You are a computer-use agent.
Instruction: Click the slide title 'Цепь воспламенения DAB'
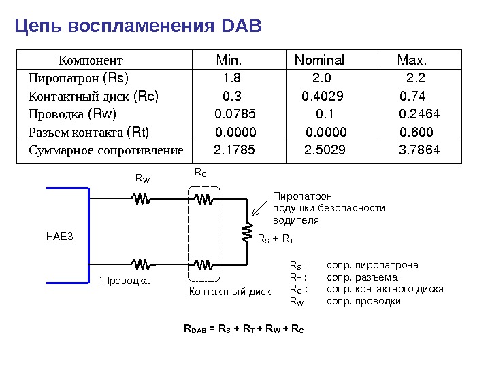coord(138,27)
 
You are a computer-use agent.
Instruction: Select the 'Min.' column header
coord(229,60)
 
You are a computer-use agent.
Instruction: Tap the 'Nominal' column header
coord(319,60)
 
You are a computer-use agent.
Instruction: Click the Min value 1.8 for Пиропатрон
coord(232,77)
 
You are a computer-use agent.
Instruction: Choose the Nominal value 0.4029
coord(323,96)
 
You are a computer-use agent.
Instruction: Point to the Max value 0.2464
coord(419,113)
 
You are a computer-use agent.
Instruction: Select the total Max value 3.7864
coord(419,150)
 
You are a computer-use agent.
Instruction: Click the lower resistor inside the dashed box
coord(203,264)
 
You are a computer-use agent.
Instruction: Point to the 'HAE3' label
coord(59,237)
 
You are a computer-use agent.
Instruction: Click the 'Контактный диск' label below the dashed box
coord(229,292)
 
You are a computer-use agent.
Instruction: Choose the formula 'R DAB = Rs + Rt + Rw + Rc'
coord(244,330)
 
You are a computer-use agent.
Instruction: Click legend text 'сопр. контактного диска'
coord(385,289)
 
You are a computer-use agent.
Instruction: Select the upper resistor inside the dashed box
coord(203,199)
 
